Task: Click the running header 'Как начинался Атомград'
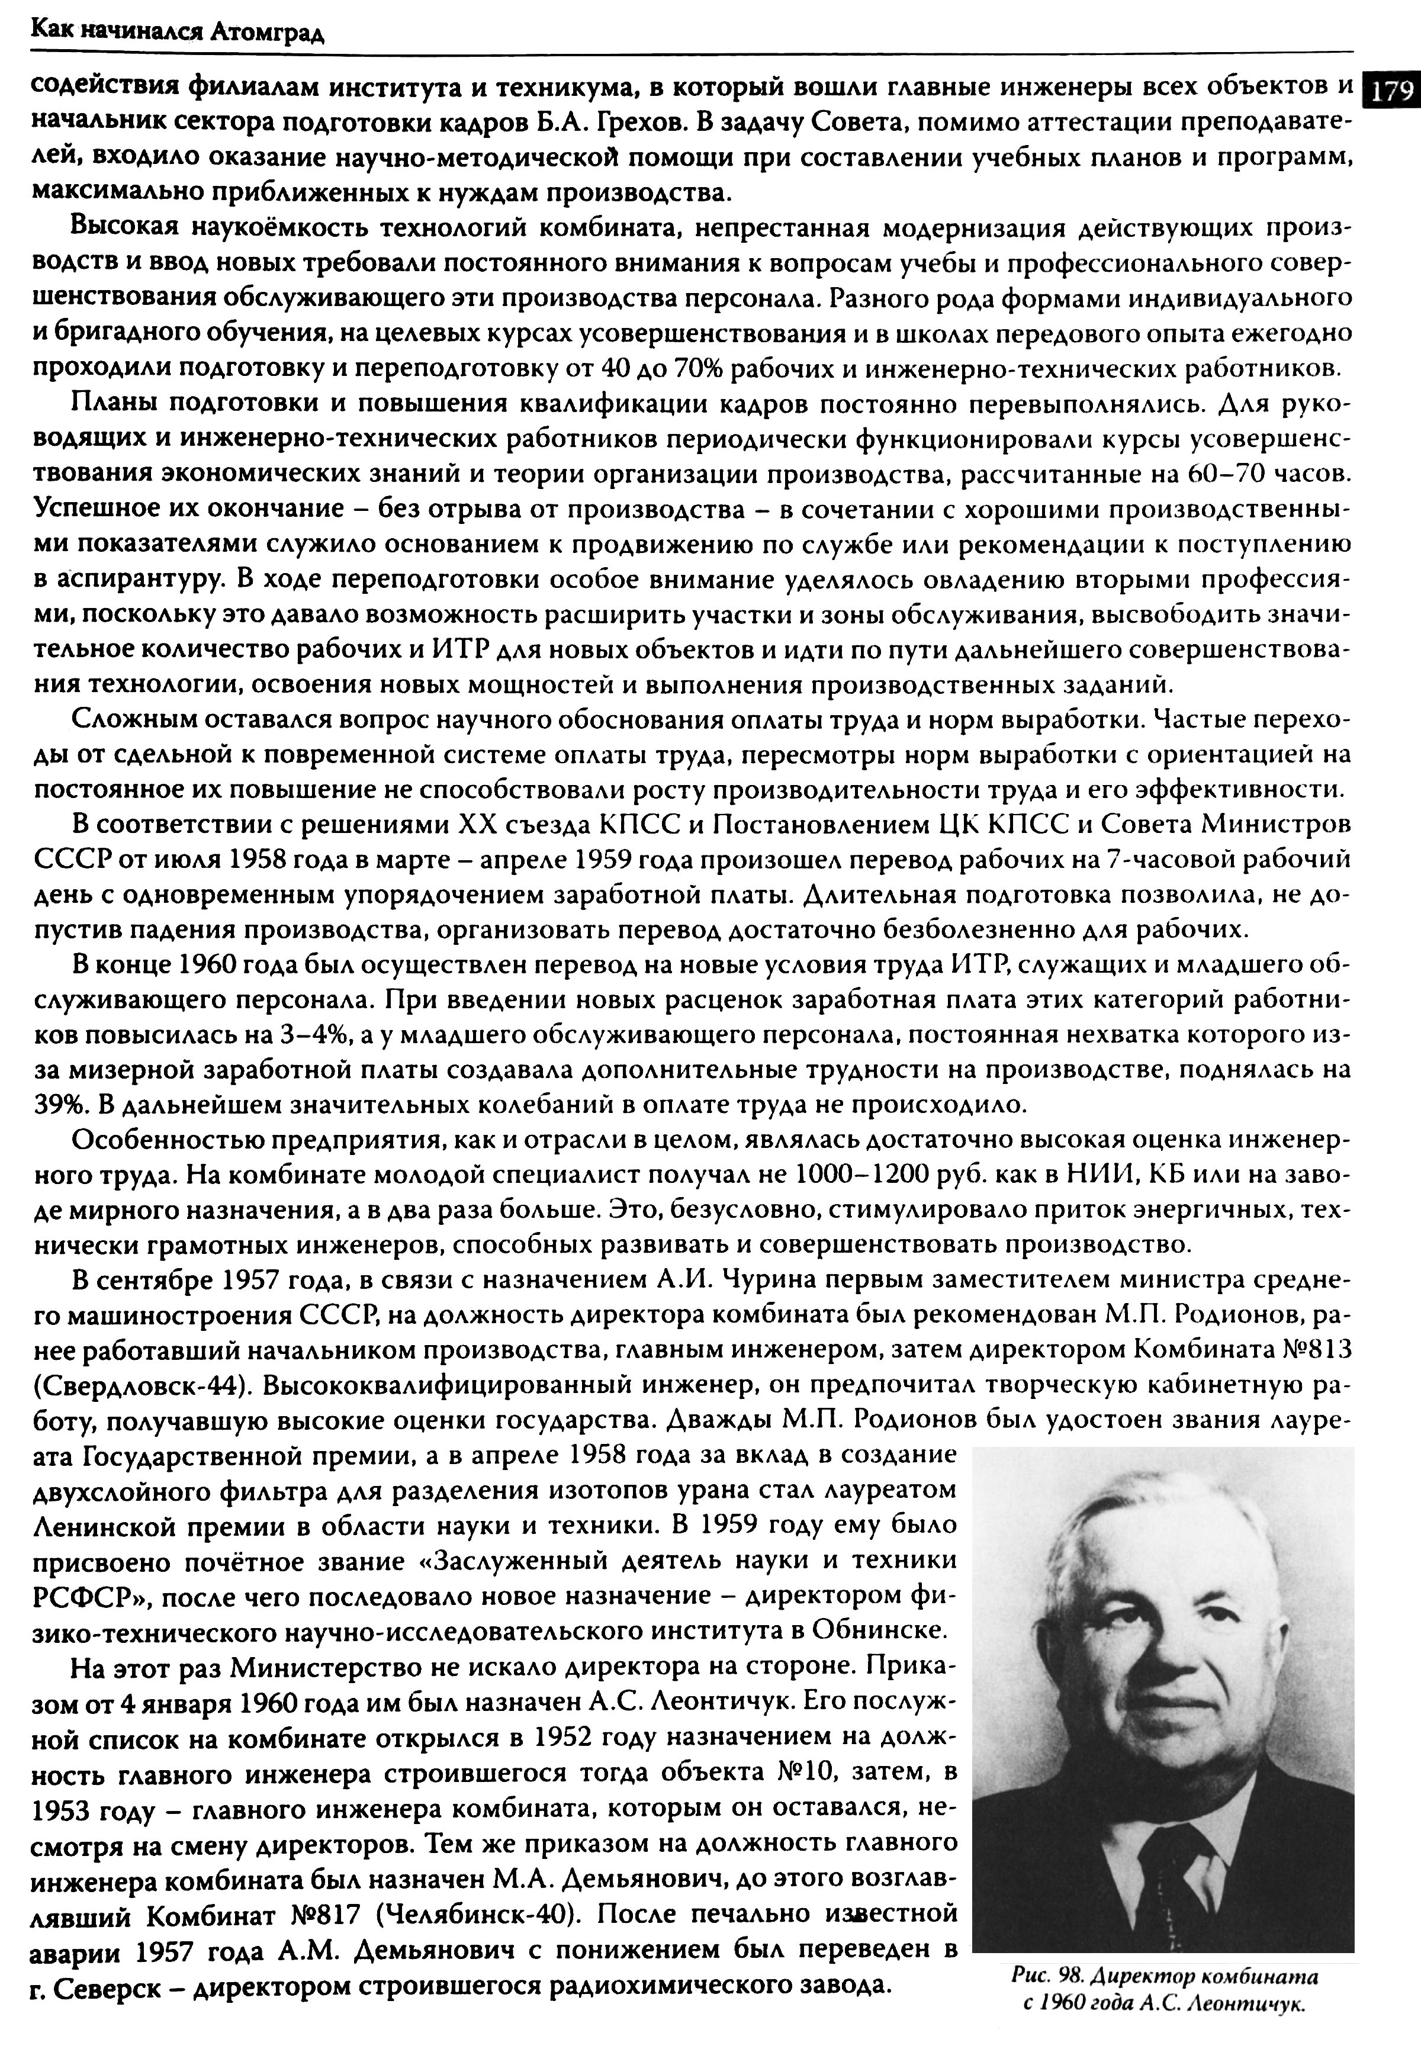point(178,33)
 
